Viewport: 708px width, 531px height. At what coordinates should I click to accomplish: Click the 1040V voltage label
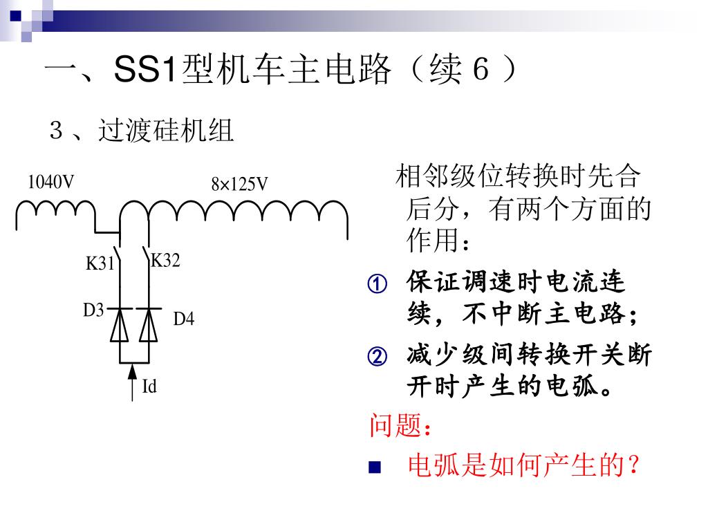tap(50, 182)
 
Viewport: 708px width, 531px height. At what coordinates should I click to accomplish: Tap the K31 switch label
tap(99, 263)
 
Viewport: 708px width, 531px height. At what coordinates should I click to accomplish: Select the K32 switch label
tap(165, 260)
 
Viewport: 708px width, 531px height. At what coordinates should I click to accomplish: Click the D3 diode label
tap(93, 310)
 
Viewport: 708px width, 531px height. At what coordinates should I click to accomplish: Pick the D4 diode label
tap(184, 319)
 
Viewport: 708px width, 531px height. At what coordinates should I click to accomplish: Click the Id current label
tap(149, 386)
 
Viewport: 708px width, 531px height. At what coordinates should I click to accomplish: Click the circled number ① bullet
tap(377, 283)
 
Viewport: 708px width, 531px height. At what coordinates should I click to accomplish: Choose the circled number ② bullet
tap(377, 357)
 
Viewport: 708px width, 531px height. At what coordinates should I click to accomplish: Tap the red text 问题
tap(395, 426)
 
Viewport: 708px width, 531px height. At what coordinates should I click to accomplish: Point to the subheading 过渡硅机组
tap(166, 131)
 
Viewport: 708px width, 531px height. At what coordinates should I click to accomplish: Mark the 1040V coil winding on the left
tap(55, 209)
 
